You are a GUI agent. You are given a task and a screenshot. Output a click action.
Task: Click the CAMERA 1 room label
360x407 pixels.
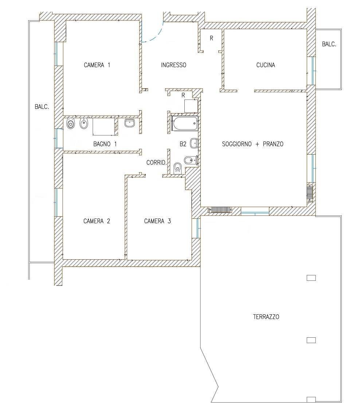(97, 65)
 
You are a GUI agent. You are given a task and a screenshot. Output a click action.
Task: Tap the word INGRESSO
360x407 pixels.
(173, 65)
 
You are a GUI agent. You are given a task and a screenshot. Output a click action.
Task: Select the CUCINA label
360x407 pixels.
(266, 65)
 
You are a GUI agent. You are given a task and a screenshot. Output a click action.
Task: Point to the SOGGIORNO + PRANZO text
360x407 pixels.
(253, 144)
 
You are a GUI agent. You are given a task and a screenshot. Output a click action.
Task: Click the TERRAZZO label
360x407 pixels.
(266, 317)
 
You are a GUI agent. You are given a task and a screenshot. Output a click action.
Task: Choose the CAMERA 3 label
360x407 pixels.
(157, 221)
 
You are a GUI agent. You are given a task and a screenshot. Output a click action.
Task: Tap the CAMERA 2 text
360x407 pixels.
(97, 221)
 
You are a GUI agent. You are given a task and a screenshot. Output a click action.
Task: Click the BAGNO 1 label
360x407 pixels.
(105, 144)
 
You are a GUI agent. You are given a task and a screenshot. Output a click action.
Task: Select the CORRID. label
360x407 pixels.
(156, 163)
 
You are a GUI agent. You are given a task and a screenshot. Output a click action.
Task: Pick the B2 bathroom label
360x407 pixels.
(183, 144)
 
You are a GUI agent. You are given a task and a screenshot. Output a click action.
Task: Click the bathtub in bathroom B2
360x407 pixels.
(185, 124)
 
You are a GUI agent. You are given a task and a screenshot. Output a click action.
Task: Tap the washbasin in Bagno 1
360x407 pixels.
(129, 123)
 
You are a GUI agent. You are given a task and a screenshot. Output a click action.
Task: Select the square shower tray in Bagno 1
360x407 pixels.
(103, 127)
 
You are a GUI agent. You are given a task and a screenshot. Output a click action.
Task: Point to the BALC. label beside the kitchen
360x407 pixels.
(329, 44)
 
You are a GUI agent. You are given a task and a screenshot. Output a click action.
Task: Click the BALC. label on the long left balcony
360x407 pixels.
(42, 107)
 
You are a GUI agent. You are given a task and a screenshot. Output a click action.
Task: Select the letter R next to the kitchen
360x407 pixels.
(211, 38)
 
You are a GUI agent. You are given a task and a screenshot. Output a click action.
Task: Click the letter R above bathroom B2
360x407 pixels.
(183, 95)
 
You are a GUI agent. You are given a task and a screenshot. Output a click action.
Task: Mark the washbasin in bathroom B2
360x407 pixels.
(195, 143)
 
